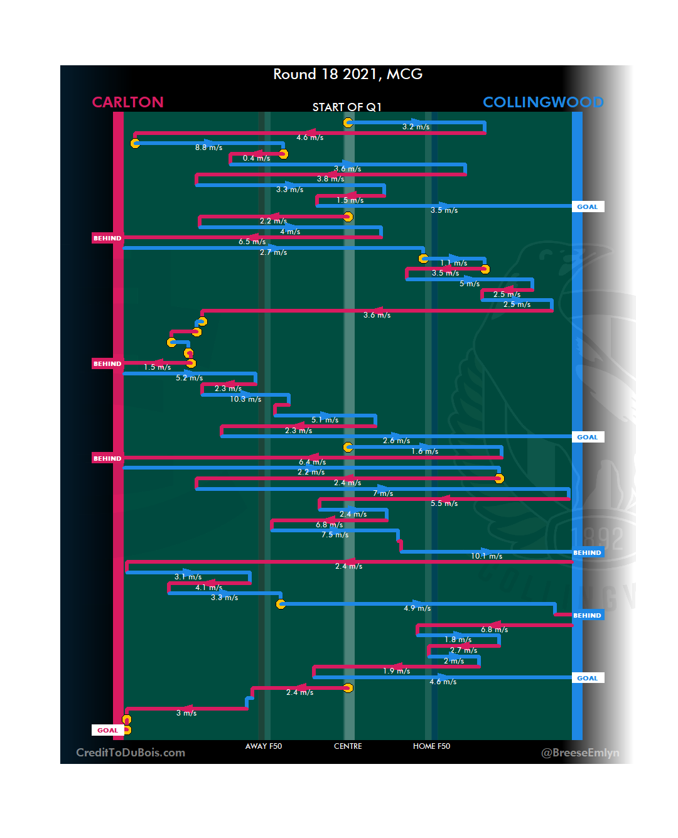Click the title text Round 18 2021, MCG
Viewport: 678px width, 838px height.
pyautogui.click(x=348, y=74)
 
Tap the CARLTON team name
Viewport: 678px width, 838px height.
pyautogui.click(x=127, y=102)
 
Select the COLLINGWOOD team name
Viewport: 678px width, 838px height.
pyautogui.click(x=543, y=102)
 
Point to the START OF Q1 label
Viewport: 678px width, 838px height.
pyautogui.click(x=347, y=107)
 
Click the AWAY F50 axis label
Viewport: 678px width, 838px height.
pyautogui.click(x=264, y=746)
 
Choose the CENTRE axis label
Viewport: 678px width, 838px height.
pyautogui.click(x=348, y=746)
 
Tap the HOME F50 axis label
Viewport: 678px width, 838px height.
pyautogui.click(x=431, y=746)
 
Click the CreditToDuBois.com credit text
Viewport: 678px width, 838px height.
pyautogui.click(x=131, y=753)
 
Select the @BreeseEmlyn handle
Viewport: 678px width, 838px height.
pyautogui.click(x=580, y=753)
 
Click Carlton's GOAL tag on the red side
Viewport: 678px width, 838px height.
pyautogui.click(x=107, y=730)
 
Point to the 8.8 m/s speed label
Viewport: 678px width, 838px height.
pyautogui.click(x=208, y=148)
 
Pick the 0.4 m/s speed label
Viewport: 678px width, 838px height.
pyautogui.click(x=256, y=158)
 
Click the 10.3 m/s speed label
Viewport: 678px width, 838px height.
pyautogui.click(x=245, y=399)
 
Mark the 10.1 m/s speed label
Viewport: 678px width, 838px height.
pyautogui.click(x=487, y=556)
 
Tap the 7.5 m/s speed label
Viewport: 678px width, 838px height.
pyautogui.click(x=335, y=535)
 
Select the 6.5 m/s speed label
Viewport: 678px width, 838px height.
pyautogui.click(x=252, y=242)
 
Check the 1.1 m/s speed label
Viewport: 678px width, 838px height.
pyautogui.click(x=453, y=263)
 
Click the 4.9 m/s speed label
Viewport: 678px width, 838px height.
pyautogui.click(x=417, y=608)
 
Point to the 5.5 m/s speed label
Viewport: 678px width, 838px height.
pyautogui.click(x=444, y=503)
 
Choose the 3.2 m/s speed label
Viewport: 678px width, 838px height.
pyautogui.click(x=416, y=127)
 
